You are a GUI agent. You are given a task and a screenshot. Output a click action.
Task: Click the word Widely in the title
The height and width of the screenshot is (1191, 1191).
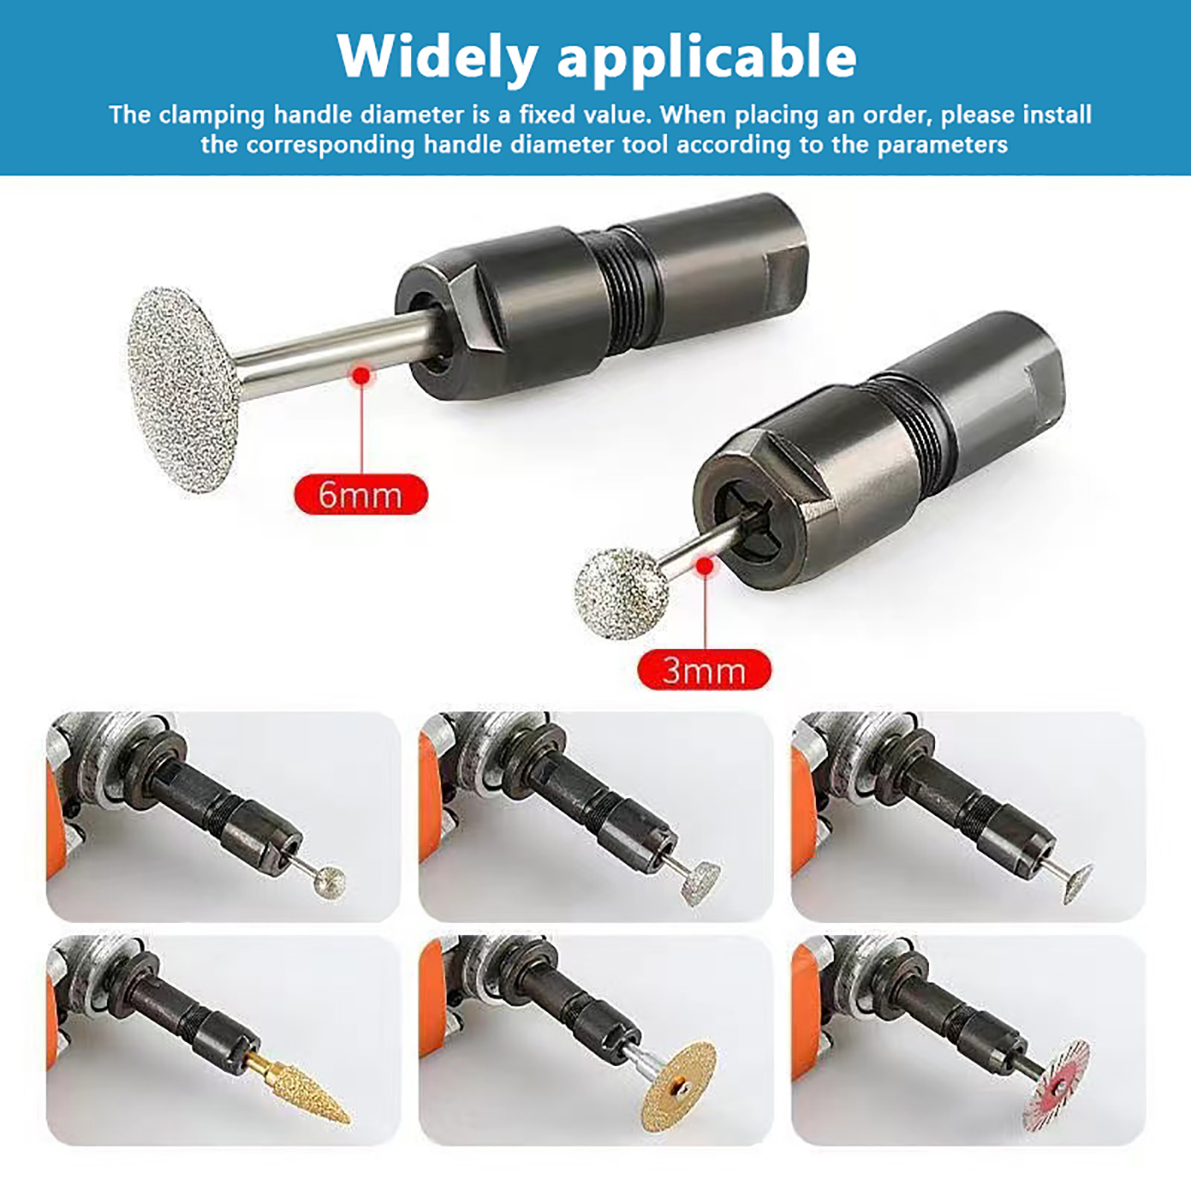coord(438,56)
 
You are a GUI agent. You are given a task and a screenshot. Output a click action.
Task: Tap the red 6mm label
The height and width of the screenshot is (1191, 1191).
coord(361,495)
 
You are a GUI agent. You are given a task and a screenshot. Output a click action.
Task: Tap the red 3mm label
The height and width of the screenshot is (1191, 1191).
coord(704,670)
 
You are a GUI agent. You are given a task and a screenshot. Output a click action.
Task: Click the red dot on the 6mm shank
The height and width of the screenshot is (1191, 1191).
coord(362,376)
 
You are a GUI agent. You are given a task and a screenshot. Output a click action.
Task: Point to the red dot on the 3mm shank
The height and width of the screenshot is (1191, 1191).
coord(704,566)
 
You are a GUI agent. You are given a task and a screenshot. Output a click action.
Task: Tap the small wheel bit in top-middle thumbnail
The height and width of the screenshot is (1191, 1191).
coord(701,883)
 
